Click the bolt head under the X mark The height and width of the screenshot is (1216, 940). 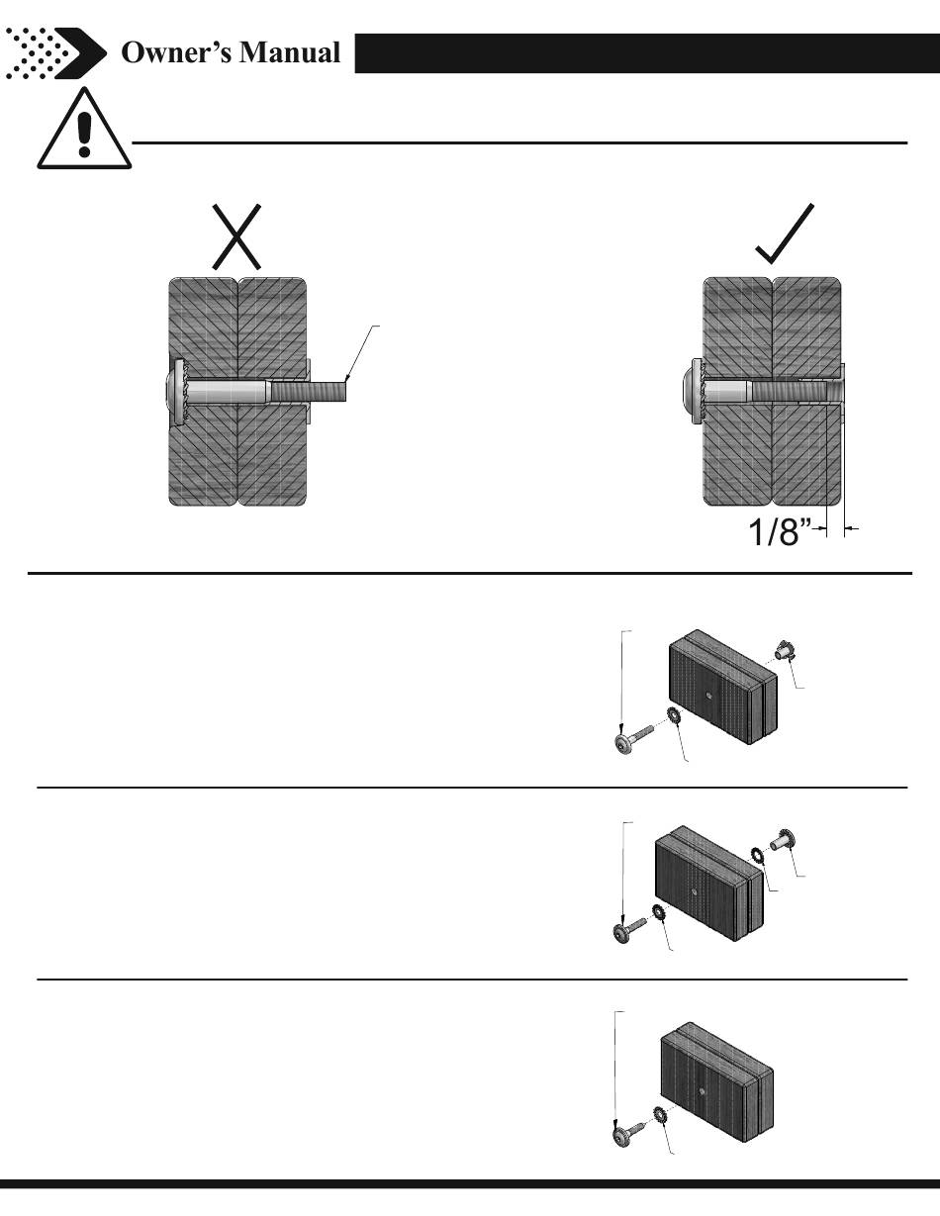(x=176, y=392)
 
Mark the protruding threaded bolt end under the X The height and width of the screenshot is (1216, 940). (x=327, y=392)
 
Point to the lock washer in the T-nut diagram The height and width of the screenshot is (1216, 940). (x=674, y=717)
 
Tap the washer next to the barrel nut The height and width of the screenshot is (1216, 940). (x=758, y=854)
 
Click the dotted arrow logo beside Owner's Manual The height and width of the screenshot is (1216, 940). (x=54, y=52)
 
